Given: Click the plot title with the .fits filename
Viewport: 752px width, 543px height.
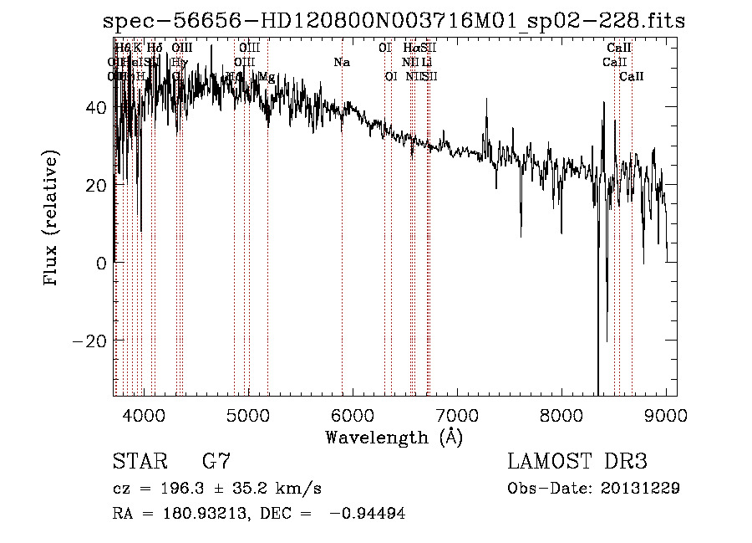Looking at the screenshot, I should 394,22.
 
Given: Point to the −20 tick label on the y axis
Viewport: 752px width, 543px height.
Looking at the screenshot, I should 89,341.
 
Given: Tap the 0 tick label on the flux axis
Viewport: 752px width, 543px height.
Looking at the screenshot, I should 100,264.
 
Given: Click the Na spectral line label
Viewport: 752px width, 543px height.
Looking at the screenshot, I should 342,62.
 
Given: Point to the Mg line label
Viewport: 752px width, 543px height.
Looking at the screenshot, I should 267,77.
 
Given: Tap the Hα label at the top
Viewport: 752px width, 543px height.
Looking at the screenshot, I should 410,48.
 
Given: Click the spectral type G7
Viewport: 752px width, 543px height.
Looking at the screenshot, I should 216,462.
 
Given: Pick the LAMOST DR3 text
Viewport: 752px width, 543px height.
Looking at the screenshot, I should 577,462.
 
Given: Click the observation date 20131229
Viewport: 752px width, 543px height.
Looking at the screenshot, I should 638,489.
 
